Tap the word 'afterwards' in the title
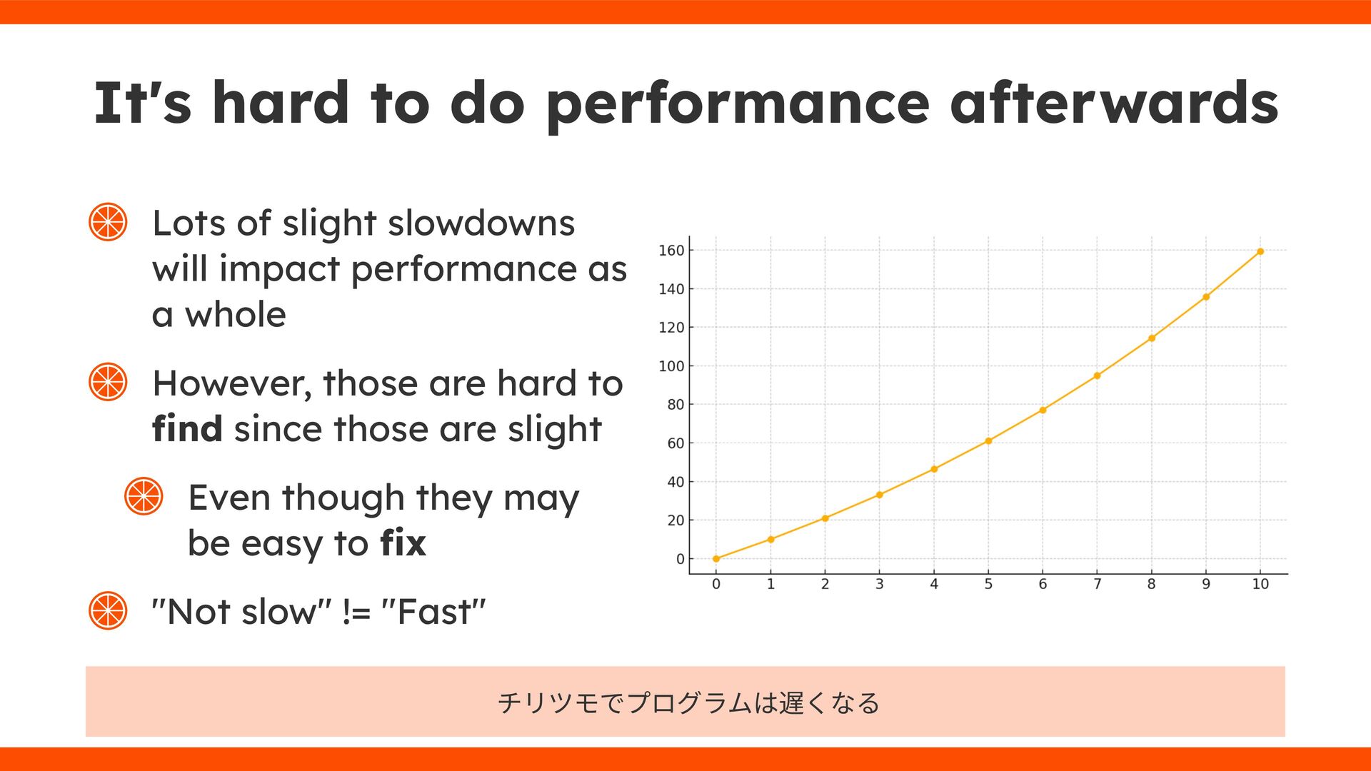point(1114,102)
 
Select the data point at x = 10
point(1260,251)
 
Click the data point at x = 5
point(988,441)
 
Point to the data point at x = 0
point(716,559)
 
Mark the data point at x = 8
point(1152,338)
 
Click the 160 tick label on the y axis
point(671,251)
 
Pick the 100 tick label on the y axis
point(671,366)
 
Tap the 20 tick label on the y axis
point(676,520)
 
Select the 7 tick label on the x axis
point(1098,584)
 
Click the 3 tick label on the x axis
point(880,584)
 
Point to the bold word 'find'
point(187,428)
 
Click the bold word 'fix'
point(403,543)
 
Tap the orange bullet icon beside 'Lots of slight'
point(108,222)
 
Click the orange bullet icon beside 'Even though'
point(144,496)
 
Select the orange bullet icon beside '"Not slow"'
point(108,610)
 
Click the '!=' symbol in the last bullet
point(356,612)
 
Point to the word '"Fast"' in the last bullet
point(434,611)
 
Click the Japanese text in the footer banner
point(688,703)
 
